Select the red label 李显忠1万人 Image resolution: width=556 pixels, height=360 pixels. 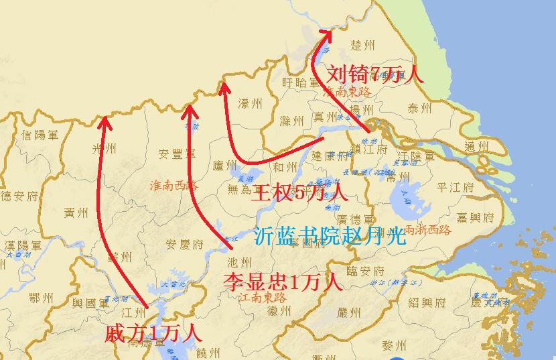282,281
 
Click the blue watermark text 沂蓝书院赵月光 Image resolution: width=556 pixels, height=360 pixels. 331,235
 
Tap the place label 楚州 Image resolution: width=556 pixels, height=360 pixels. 363,46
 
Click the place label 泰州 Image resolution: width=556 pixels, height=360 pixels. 421,109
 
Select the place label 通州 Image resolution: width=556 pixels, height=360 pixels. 478,147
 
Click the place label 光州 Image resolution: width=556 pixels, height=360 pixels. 104,149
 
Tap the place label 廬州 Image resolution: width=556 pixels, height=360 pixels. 224,164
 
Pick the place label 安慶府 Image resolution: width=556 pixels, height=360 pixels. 184,244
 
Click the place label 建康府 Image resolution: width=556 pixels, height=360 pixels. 333,156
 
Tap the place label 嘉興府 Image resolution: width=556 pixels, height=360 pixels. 475,217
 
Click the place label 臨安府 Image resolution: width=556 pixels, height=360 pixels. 365,271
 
